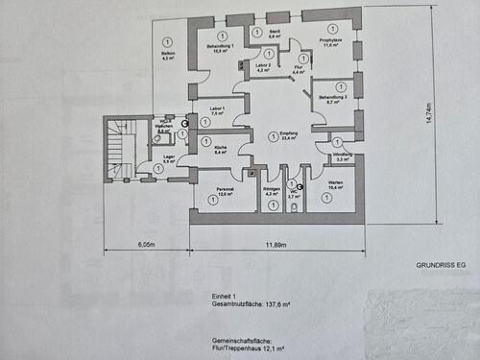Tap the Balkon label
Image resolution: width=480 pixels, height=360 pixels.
(x=167, y=54)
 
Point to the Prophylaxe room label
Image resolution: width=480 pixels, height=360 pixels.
(x=331, y=42)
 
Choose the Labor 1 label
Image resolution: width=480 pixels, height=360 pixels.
(x=217, y=109)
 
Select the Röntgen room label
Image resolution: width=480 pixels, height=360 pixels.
(x=271, y=191)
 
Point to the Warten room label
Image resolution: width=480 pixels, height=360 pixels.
(x=335, y=187)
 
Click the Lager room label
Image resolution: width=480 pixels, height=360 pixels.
(x=168, y=157)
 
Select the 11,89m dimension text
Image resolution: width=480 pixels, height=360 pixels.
(x=275, y=246)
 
